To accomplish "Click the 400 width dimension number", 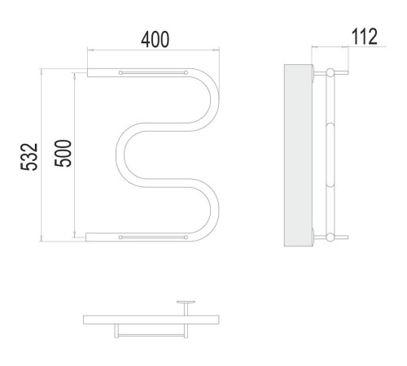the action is [x=155, y=40].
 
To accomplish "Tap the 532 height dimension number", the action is [x=29, y=157].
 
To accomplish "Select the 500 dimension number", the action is [x=63, y=153].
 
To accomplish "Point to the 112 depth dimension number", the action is [x=364, y=37].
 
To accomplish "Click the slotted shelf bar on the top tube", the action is [x=153, y=72].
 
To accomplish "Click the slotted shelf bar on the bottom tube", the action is [x=153, y=237].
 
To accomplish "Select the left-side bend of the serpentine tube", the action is [x=120, y=155].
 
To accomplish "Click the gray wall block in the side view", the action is [x=298, y=155].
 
